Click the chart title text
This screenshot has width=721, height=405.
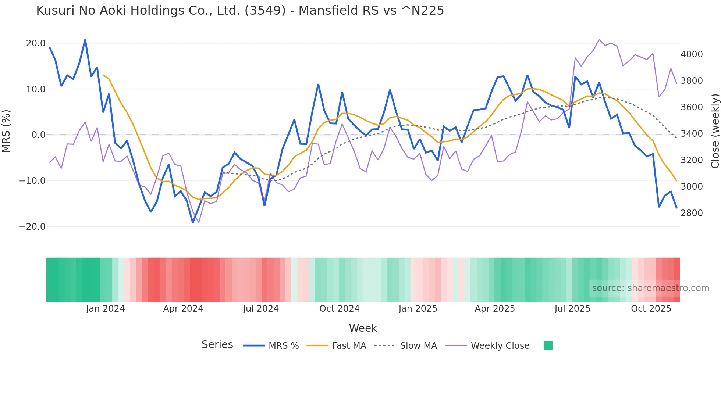point(240,11)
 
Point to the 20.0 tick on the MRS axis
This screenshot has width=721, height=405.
point(36,43)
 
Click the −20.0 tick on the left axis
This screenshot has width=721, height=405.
point(32,227)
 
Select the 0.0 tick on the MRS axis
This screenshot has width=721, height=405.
point(38,135)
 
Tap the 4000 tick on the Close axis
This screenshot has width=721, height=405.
point(692,54)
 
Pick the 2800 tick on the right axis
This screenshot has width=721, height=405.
point(692,213)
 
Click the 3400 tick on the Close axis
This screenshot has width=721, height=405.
point(692,134)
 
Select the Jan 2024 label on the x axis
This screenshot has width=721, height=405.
point(106,309)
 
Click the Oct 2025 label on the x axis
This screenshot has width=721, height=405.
point(651,309)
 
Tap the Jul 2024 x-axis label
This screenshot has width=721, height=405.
point(261,309)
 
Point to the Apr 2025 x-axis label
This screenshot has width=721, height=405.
point(495,309)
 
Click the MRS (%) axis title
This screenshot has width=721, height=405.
point(6,131)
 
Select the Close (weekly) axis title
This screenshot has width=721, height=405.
point(715,131)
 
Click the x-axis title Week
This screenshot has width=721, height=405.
point(363,328)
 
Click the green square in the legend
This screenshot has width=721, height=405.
point(548,346)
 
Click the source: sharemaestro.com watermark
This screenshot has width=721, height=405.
point(650,288)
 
